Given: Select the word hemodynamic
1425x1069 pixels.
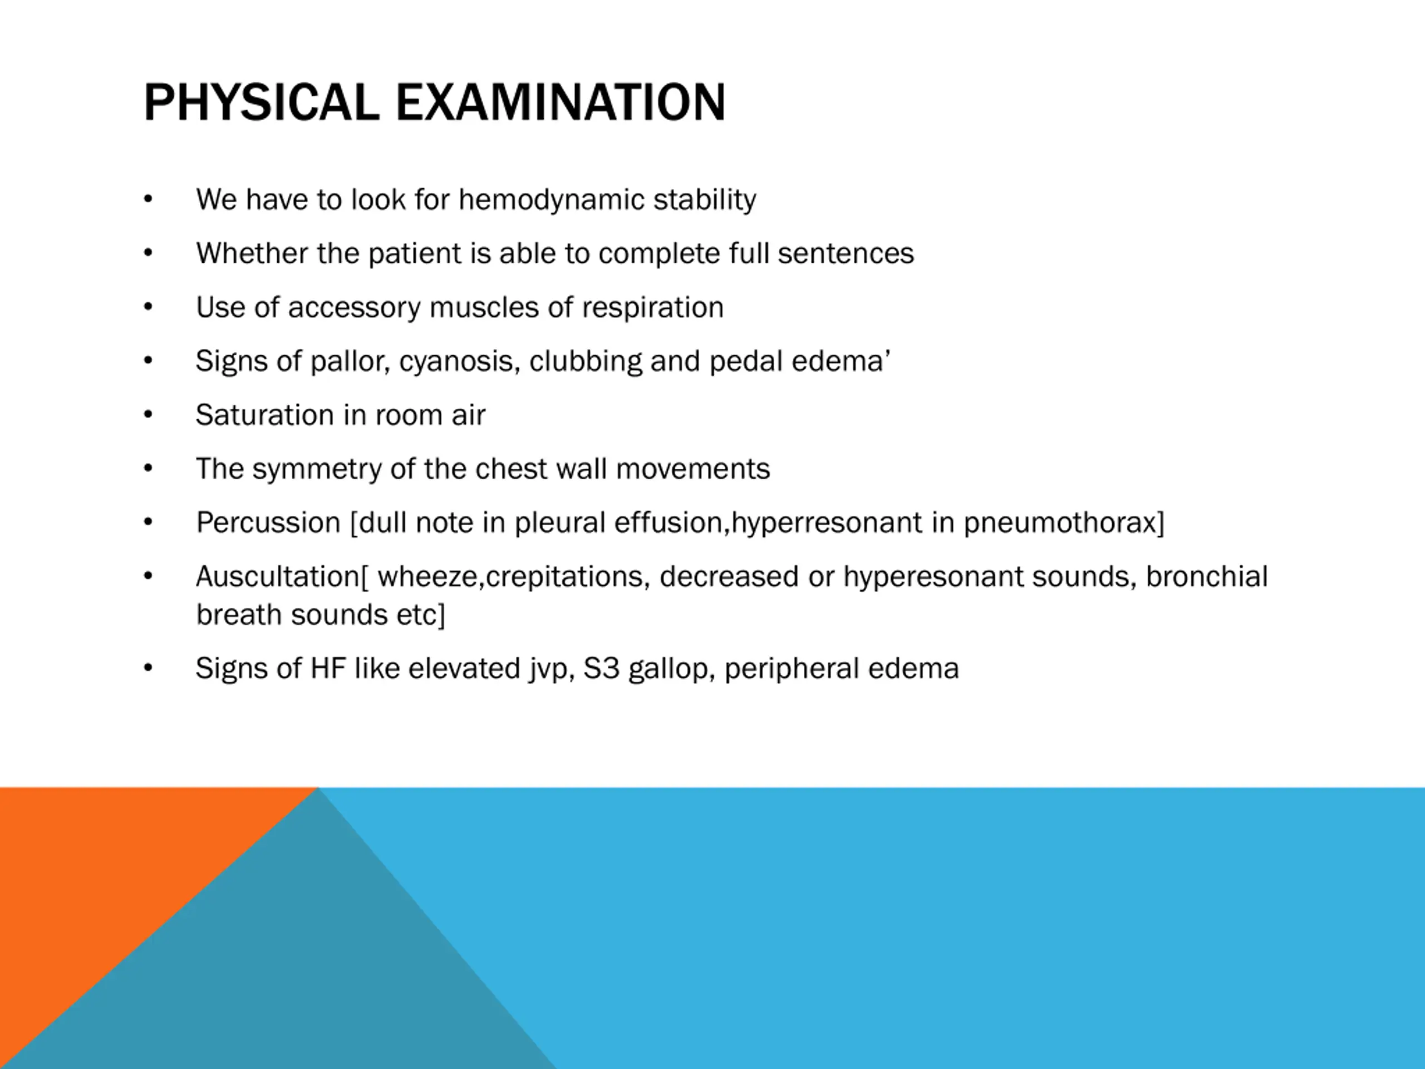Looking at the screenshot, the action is [551, 200].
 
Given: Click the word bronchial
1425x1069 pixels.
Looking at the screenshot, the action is [1207, 576].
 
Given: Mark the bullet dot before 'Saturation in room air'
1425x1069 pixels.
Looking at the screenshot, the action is [148, 414].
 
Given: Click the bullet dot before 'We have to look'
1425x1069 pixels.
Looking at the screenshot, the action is [148, 199].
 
